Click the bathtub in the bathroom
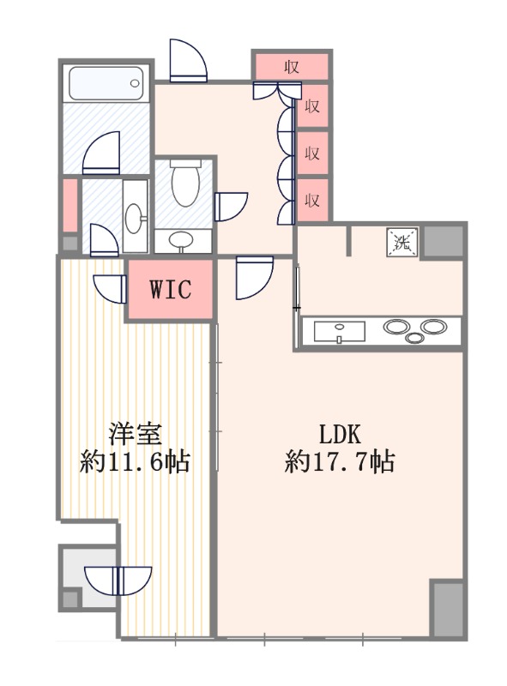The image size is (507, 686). [104, 83]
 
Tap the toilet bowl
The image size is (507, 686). [185, 184]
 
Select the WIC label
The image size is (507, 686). [170, 288]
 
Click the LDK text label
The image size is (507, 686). [338, 431]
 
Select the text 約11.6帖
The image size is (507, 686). [135, 464]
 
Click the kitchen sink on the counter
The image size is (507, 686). [340, 331]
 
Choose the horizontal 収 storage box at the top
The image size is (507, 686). [291, 66]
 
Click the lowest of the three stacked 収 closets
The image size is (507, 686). [313, 201]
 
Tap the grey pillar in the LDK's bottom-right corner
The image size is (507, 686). [446, 608]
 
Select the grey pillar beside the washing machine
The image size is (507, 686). [444, 241]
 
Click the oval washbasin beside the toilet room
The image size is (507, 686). [135, 218]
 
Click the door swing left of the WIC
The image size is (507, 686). [110, 286]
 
